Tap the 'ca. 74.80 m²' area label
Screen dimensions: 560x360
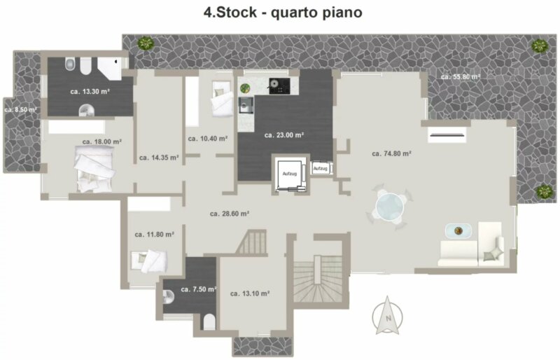click(391, 153)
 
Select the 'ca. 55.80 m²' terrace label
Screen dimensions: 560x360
click(461, 77)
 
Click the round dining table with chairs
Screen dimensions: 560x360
click(389, 207)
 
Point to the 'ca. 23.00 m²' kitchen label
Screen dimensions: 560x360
click(284, 135)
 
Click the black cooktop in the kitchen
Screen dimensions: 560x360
click(279, 86)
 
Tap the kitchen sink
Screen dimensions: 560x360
click(246, 105)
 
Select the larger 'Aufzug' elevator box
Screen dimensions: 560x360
click(290, 174)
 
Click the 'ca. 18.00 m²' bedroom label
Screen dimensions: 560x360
click(101, 141)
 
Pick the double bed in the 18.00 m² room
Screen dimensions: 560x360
click(94, 169)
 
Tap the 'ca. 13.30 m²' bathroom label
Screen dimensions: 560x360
click(90, 92)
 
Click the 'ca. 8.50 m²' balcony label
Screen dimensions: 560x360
click(20, 110)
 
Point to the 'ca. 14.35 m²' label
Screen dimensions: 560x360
click(159, 158)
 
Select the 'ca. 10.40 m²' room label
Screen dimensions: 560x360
click(208, 139)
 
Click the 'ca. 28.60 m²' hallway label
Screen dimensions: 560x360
click(230, 214)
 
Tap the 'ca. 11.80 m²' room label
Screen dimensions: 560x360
click(154, 235)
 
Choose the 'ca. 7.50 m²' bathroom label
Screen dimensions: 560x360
click(198, 289)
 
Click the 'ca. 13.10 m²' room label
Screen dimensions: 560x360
click(250, 293)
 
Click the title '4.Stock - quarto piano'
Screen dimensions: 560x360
click(283, 12)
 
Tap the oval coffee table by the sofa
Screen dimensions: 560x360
click(458, 230)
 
